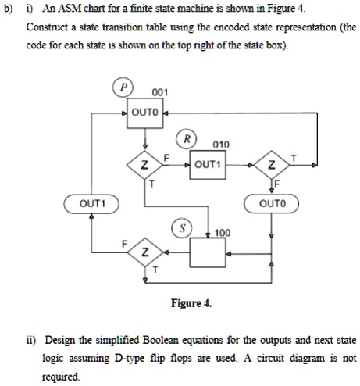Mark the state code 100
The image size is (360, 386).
coord(223,232)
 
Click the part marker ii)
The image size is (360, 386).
coord(33,341)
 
